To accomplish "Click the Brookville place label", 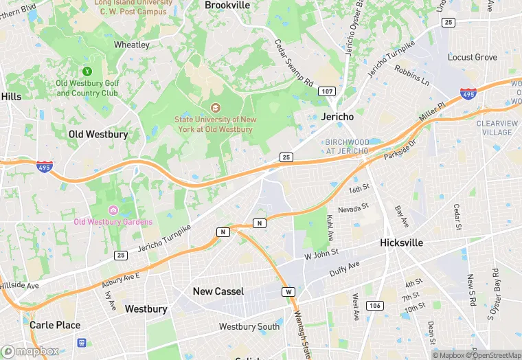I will pyautogui.click(x=227, y=5).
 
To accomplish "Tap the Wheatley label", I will pyautogui.click(x=131, y=45).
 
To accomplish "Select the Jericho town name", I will pyautogui.click(x=337, y=117).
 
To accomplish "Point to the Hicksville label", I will pyautogui.click(x=401, y=243).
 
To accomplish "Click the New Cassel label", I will pyautogui.click(x=218, y=291).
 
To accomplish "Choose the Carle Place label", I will pyautogui.click(x=55, y=325).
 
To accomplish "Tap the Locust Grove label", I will pyautogui.click(x=472, y=57).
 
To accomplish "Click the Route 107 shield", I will pyautogui.click(x=326, y=91).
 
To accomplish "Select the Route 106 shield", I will pyautogui.click(x=374, y=304).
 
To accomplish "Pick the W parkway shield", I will pyautogui.click(x=288, y=292).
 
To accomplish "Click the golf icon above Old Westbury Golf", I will pyautogui.click(x=87, y=71).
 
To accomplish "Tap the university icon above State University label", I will pyautogui.click(x=215, y=107).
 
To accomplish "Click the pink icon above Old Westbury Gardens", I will pyautogui.click(x=113, y=210).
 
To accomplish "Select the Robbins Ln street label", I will pyautogui.click(x=411, y=75).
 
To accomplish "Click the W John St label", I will pyautogui.click(x=321, y=254).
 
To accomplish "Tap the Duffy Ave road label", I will pyautogui.click(x=344, y=270).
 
